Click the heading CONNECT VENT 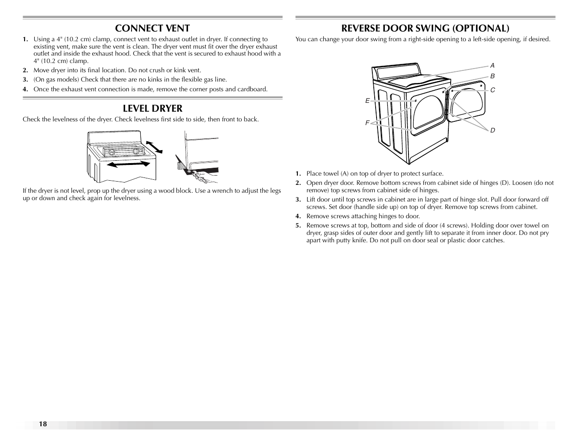pyautogui.click(x=152, y=28)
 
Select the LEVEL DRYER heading pyautogui.click(x=152, y=108)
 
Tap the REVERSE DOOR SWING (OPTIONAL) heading pyautogui.click(x=425, y=28)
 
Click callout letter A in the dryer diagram pyautogui.click(x=493, y=66)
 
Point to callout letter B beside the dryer pyautogui.click(x=493, y=76)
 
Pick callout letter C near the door pyautogui.click(x=493, y=90)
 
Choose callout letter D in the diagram pyautogui.click(x=493, y=130)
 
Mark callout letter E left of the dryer pyautogui.click(x=367, y=101)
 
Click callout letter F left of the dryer pyautogui.click(x=367, y=123)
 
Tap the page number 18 pyautogui.click(x=43, y=424)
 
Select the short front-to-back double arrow pyautogui.click(x=154, y=146)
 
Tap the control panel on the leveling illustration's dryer pyautogui.click(x=123, y=152)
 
